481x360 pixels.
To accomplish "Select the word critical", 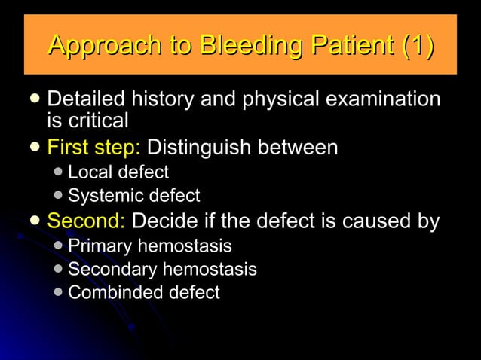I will click(x=97, y=120).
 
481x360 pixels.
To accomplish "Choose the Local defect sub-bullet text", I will click(x=118, y=172).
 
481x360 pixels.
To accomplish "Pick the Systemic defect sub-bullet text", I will click(x=134, y=197).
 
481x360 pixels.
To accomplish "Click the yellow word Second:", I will click(x=87, y=221).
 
